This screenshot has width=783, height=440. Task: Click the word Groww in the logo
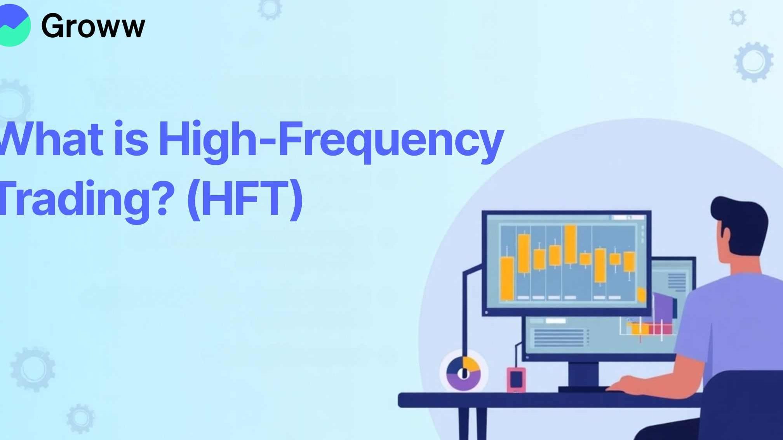93,26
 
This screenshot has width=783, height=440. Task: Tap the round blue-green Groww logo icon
13,26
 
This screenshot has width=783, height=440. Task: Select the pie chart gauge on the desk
463,373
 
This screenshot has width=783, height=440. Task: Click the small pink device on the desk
516,379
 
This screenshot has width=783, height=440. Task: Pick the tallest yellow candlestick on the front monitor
570,244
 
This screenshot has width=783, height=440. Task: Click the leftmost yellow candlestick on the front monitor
507,278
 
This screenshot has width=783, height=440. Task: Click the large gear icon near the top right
753,62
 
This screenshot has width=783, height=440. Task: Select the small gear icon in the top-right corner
738,18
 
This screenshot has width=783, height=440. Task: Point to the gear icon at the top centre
270,9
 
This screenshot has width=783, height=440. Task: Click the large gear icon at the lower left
33,369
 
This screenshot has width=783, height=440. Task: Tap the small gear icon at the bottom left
80,418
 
